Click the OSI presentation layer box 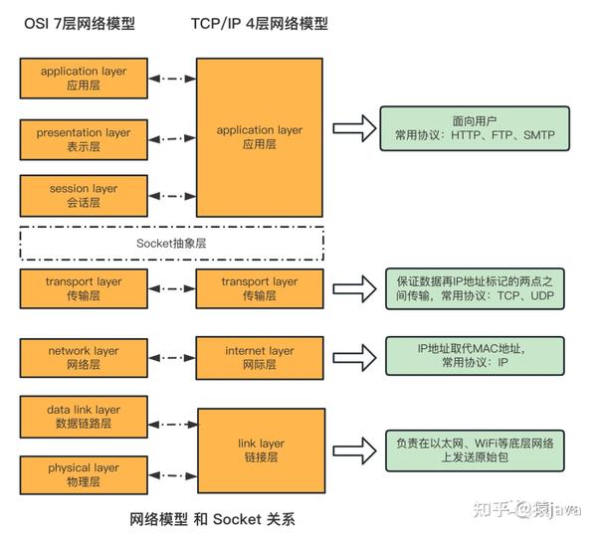[84, 139]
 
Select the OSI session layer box [84, 195]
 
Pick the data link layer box [84, 416]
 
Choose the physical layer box [84, 474]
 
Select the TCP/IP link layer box [259, 450]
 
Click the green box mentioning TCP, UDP [474, 289]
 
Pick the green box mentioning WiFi [474, 449]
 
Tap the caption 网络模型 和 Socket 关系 [213, 519]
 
